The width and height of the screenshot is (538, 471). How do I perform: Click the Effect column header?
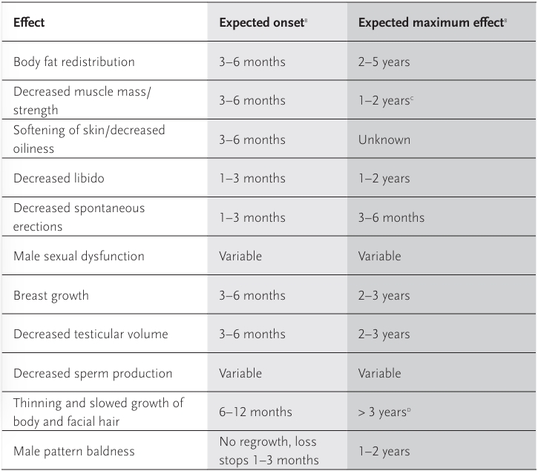29,22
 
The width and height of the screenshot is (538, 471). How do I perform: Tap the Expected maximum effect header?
432,22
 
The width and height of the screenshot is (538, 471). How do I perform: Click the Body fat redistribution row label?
73,62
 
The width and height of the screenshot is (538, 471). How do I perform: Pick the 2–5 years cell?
384,62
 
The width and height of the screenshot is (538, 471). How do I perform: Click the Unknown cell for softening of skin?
384,139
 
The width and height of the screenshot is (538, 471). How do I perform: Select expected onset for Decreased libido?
252,178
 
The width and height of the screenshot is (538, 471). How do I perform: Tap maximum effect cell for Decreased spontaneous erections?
391,217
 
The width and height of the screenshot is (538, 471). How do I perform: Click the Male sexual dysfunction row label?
79,256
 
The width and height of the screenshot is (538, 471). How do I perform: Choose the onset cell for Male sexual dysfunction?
240,256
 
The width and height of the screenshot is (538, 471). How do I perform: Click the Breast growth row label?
50,295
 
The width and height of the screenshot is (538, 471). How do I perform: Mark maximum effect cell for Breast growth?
384,295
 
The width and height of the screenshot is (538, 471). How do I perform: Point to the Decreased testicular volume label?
91,334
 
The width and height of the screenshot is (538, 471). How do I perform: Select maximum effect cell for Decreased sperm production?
379,373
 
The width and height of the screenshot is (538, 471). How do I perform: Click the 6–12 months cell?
255,412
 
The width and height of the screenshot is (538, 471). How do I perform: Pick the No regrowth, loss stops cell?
269,451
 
